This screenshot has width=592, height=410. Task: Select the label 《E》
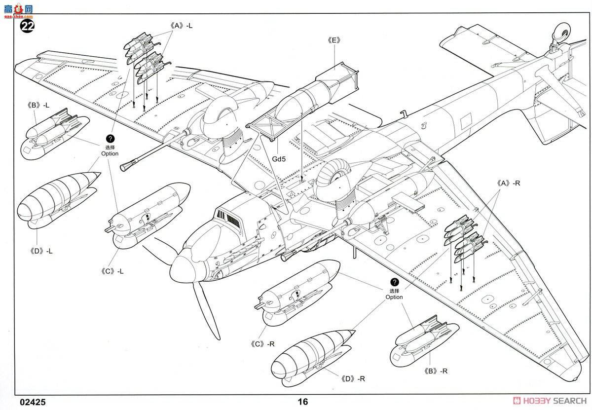click(333, 40)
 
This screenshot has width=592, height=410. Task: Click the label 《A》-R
click(509, 183)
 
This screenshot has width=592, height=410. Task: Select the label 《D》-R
click(353, 378)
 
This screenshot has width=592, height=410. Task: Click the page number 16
click(303, 402)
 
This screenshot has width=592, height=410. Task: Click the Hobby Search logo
click(549, 402)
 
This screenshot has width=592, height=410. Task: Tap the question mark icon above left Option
click(110, 139)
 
